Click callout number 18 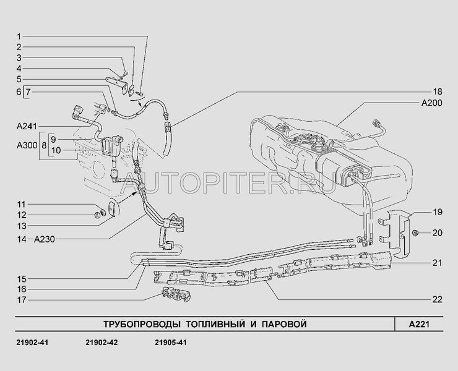tap(437, 92)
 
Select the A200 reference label tap(431, 103)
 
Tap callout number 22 tap(437, 299)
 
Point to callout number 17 tap(22, 300)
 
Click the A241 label tap(27, 126)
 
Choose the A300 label tap(27, 145)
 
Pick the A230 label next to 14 tap(45, 239)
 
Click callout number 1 tap(19, 36)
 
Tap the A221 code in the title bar tap(419, 324)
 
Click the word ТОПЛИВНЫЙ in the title tap(215, 324)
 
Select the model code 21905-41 tap(171, 343)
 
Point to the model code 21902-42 tap(102, 343)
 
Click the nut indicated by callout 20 tap(415, 232)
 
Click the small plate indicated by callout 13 tap(112, 208)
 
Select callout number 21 tap(437, 263)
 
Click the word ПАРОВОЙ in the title tap(284, 324)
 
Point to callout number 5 tap(19, 79)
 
